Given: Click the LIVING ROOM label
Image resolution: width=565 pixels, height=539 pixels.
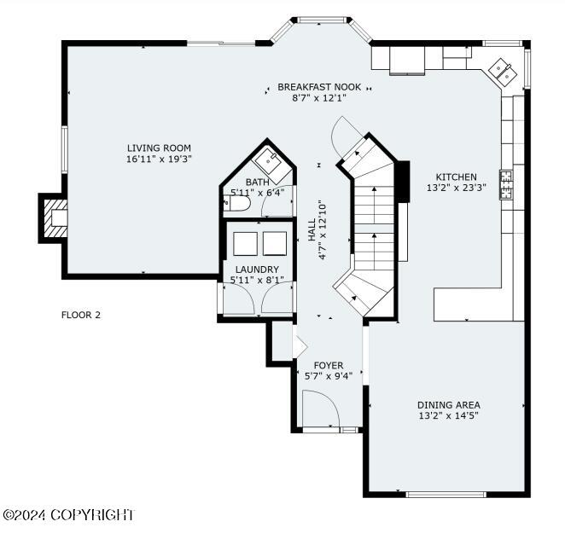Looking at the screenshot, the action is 159,148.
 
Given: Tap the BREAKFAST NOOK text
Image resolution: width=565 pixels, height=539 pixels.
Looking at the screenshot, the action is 319,87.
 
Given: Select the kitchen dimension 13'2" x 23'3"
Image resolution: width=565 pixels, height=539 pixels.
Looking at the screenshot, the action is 456,188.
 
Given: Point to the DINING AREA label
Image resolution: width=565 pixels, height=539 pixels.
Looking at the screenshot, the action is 449,405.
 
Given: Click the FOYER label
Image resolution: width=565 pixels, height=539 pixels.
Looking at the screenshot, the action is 329,366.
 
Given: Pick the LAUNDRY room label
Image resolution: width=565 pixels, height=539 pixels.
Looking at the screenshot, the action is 257,269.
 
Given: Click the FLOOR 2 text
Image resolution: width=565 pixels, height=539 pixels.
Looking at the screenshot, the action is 81,315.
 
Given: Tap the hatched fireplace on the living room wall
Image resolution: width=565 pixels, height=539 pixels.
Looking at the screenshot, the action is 55,218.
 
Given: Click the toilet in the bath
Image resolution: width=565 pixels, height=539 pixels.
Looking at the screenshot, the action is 236,204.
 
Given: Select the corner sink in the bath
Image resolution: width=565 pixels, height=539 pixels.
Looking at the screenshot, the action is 271,165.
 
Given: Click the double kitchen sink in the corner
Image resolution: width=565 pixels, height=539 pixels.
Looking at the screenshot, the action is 503,72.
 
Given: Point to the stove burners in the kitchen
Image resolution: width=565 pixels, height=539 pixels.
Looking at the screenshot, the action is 506,185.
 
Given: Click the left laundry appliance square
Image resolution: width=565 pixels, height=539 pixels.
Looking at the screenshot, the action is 246,244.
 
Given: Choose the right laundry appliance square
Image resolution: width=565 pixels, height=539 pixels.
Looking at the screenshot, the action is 275,244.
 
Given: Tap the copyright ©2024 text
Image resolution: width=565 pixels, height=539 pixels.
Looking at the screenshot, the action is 68,515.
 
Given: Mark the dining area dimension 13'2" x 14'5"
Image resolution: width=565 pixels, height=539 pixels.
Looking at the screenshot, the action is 449,416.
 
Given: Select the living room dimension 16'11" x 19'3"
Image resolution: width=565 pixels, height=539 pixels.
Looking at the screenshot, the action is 159,159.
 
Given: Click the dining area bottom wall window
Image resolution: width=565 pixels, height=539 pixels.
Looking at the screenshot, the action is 446,495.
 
